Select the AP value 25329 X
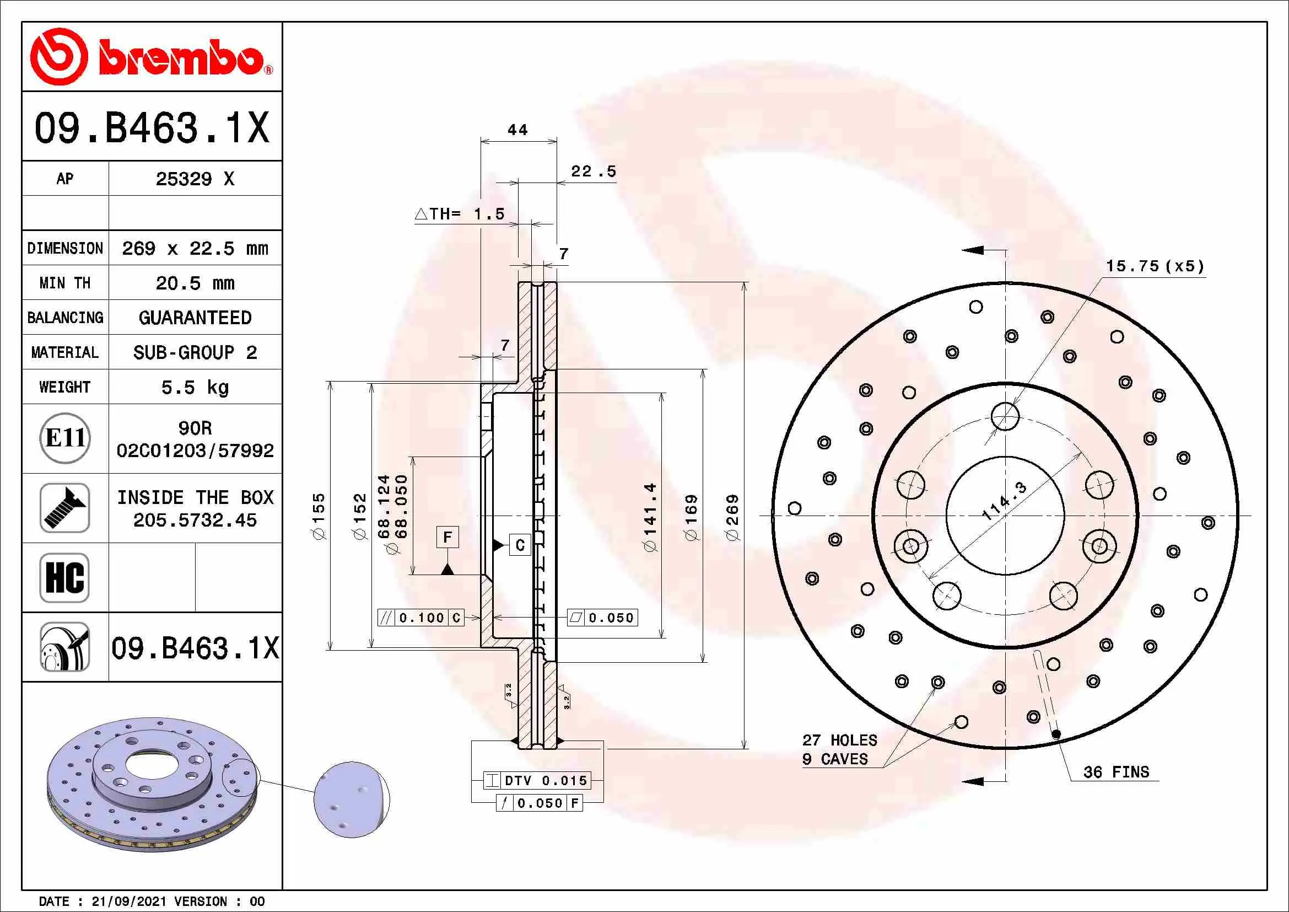(x=195, y=179)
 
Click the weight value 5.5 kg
(x=195, y=388)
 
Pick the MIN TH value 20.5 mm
(x=195, y=283)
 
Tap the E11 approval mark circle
(x=65, y=438)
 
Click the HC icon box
(x=65, y=577)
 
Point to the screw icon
(x=65, y=508)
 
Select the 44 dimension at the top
(x=517, y=130)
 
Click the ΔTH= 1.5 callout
(x=460, y=214)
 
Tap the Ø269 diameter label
(x=732, y=517)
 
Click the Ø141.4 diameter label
(x=650, y=517)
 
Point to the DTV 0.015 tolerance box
(x=537, y=781)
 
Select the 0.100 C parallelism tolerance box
(x=421, y=618)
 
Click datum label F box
(x=447, y=538)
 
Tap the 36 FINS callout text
(x=1116, y=772)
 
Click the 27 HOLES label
(x=840, y=740)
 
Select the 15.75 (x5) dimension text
(x=1156, y=266)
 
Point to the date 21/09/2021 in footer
(x=129, y=902)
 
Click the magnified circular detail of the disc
(x=352, y=800)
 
